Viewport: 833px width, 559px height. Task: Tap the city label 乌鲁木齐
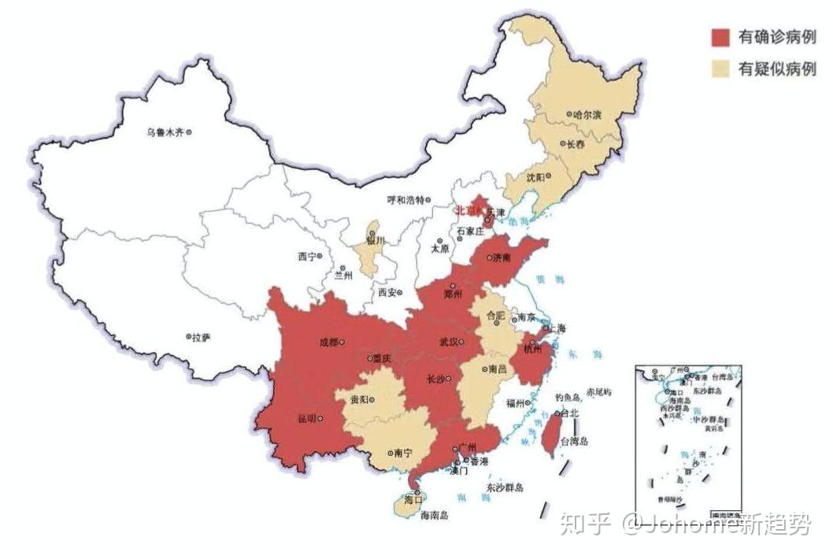tap(165, 132)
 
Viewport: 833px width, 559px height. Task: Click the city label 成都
tap(328, 342)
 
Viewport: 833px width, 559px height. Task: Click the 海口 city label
tap(413, 499)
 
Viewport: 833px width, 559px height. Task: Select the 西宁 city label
tap(307, 257)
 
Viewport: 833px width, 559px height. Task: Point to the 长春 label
tap(577, 144)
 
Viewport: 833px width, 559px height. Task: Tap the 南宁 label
tap(402, 453)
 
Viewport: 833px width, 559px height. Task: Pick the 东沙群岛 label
tap(505, 487)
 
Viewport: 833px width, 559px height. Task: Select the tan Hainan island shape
tap(406, 505)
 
